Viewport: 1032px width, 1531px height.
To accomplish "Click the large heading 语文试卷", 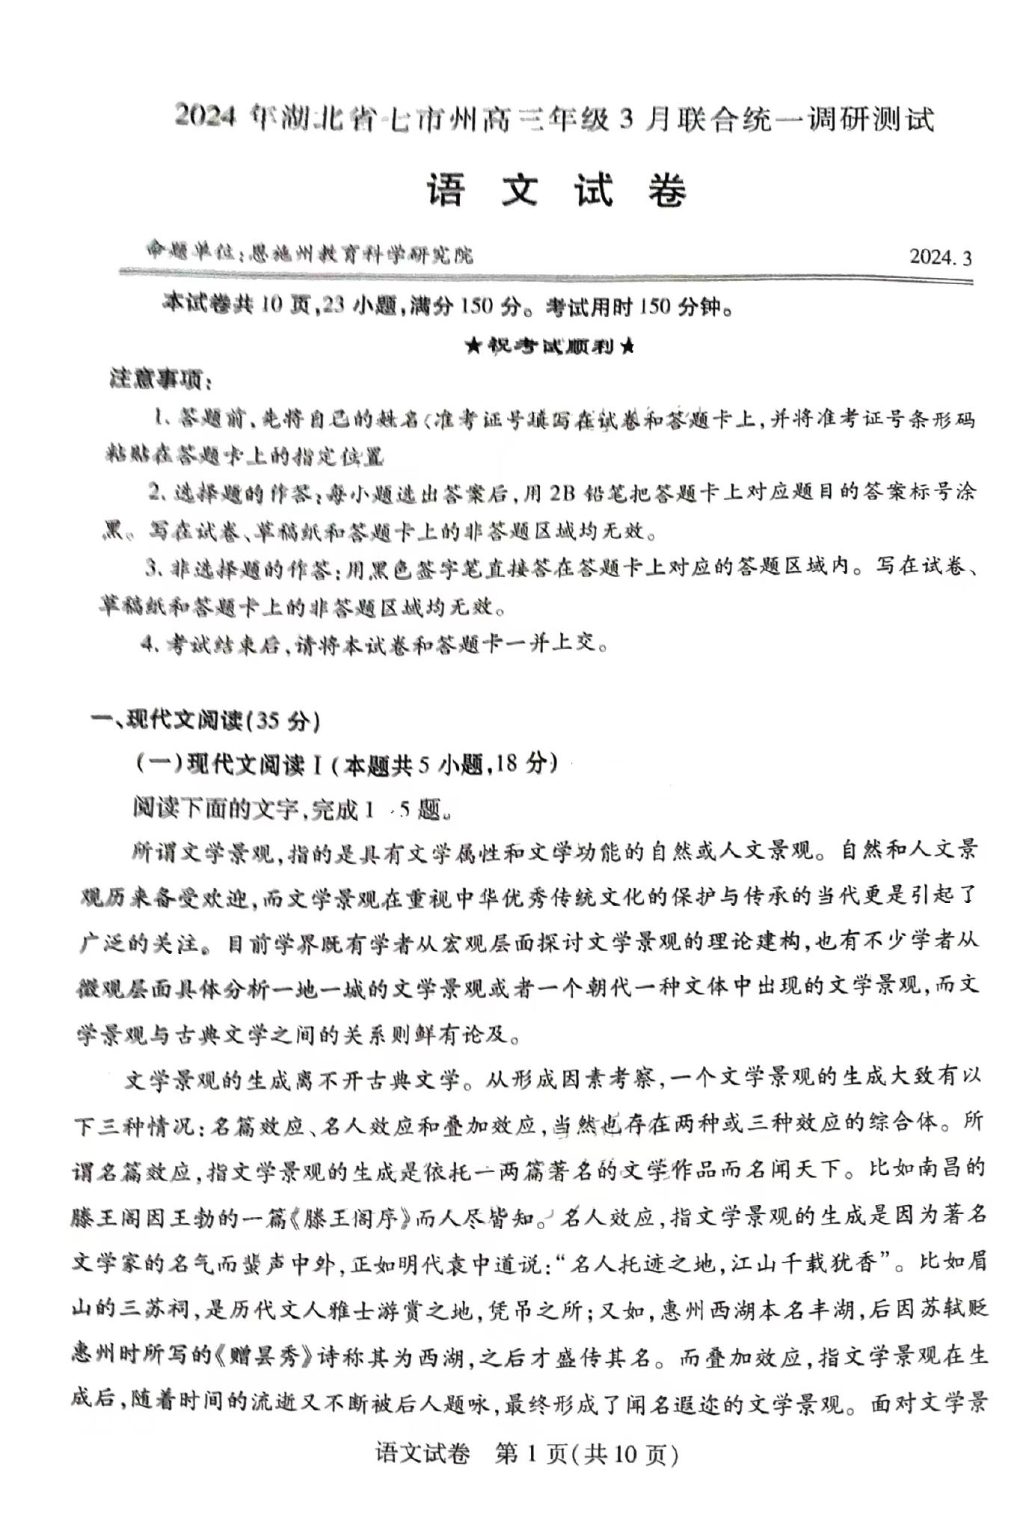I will [557, 191].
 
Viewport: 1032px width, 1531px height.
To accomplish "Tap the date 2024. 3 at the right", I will [940, 257].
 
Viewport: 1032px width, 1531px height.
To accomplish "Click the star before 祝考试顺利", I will [473, 347].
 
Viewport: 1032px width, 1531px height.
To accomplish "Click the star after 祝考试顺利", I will [627, 347].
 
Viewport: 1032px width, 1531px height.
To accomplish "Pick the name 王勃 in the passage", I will [215, 1219].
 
